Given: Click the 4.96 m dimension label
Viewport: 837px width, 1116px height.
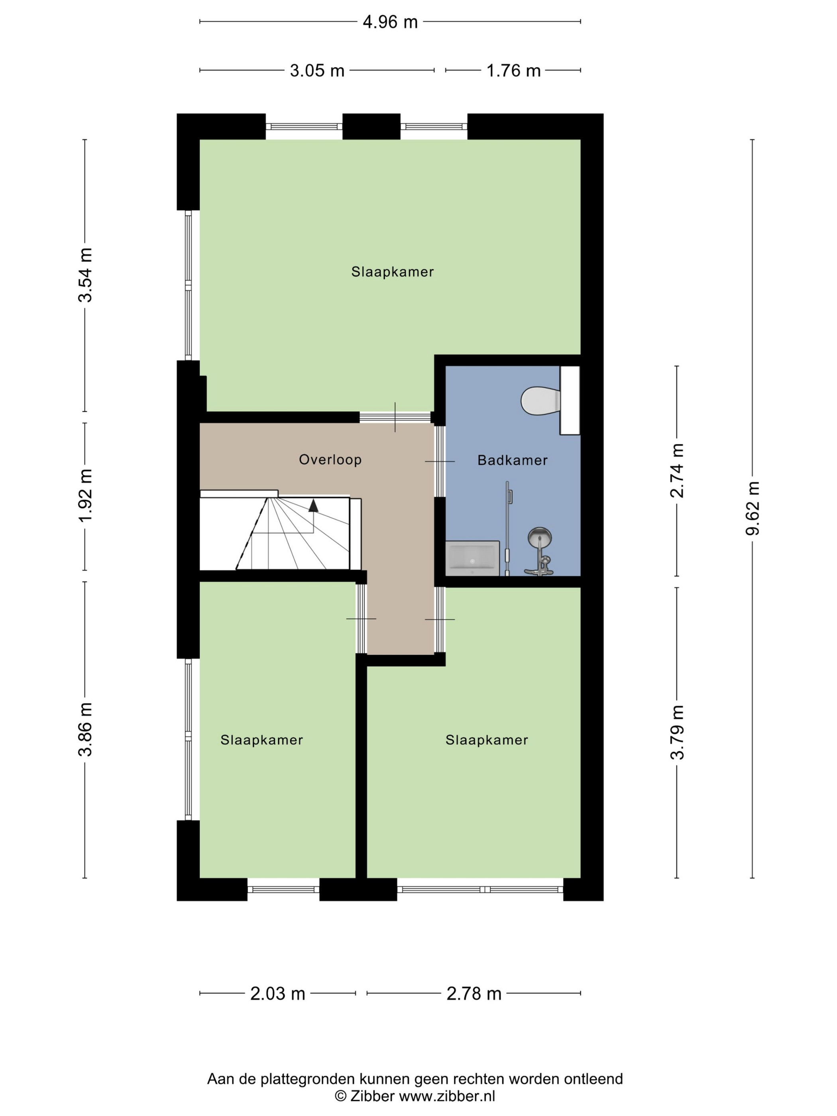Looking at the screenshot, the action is click(x=390, y=22).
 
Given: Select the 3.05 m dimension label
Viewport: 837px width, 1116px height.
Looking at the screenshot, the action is click(x=317, y=71).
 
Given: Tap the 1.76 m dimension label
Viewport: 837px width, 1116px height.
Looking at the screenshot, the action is click(x=513, y=71).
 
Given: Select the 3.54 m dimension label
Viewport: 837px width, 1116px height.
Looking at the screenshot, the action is click(x=85, y=275).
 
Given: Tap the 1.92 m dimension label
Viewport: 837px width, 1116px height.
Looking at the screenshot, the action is click(x=85, y=497).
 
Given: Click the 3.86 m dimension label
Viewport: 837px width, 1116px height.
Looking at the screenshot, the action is click(x=85, y=729).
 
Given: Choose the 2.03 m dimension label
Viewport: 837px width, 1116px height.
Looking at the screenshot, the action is click(x=277, y=993).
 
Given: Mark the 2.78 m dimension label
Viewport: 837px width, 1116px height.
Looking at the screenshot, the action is click(x=474, y=993).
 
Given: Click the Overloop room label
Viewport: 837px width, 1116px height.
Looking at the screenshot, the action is click(x=330, y=460).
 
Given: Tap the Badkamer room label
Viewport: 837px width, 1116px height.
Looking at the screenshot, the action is click(x=513, y=460).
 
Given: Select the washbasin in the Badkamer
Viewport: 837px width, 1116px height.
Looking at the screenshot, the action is click(x=472, y=558).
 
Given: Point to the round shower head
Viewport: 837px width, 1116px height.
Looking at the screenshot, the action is click(x=539, y=537).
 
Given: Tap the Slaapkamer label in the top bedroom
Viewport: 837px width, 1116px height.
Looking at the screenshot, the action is click(x=393, y=272).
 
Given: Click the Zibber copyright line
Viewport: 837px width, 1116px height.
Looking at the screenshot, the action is click(x=415, y=1096).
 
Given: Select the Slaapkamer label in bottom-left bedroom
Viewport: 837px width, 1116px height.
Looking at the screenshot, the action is click(x=261, y=740).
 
